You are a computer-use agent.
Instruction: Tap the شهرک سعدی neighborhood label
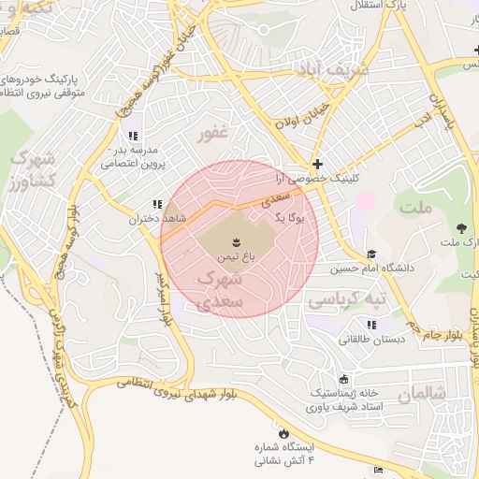point(223,291)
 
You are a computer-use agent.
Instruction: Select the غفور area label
point(212,134)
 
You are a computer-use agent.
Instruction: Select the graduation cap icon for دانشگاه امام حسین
point(371,254)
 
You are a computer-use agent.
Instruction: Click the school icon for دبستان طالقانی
point(371,325)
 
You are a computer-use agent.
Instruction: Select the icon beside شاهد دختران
point(155,203)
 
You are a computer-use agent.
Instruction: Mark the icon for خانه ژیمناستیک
point(343,379)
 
